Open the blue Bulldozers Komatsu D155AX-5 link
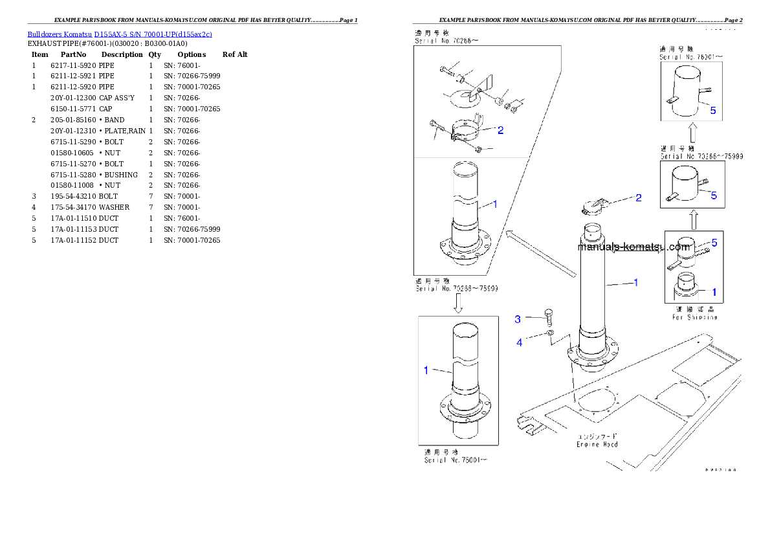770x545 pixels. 120,34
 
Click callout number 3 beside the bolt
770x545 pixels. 518,319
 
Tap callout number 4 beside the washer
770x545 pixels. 519,342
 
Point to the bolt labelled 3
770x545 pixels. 549,316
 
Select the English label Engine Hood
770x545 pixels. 597,444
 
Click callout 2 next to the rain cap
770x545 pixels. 638,197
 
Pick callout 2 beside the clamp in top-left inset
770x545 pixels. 500,130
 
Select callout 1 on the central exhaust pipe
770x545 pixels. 635,282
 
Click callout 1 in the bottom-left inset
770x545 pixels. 426,370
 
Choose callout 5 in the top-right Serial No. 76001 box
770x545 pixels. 712,111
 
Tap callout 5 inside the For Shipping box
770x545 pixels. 714,243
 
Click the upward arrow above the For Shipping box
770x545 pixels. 693,219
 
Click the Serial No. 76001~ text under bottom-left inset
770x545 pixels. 456,460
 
